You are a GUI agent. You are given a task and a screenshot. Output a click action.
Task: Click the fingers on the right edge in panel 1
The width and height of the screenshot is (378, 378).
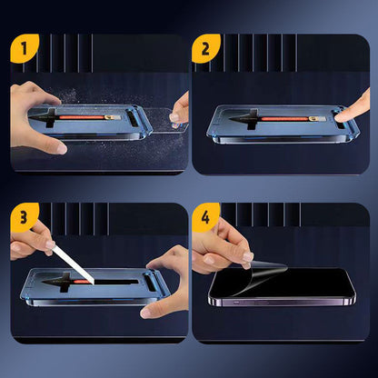180,109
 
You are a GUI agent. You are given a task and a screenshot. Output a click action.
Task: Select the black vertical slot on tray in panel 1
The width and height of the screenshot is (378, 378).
134,118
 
